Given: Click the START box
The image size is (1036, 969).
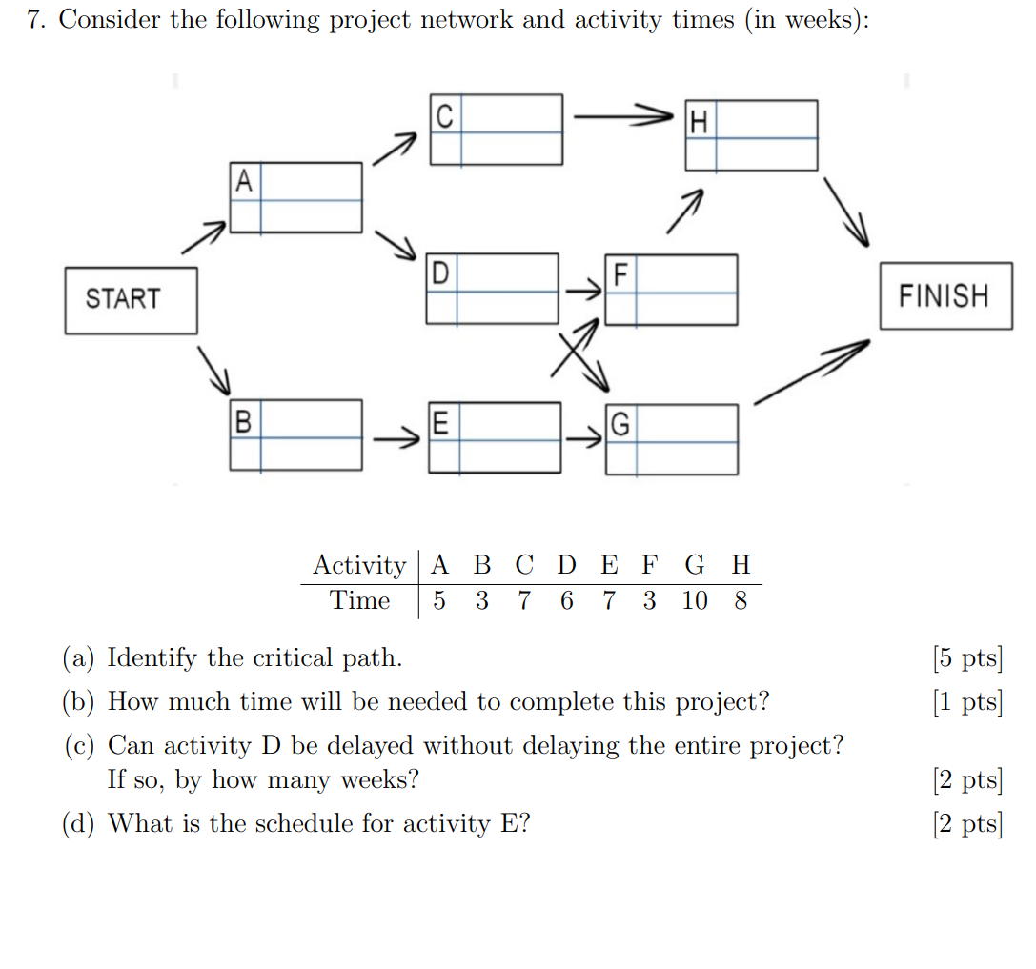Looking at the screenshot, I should click(x=131, y=300).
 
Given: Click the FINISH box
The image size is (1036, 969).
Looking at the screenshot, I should click(x=945, y=296).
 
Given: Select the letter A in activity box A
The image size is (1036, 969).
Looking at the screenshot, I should click(x=245, y=181).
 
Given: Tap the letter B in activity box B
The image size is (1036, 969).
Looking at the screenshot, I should click(x=244, y=420).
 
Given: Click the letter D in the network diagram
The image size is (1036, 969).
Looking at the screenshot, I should click(x=439, y=273).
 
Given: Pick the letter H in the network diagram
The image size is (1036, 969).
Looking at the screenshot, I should click(x=700, y=122).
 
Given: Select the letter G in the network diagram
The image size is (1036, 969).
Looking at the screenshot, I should click(x=620, y=424).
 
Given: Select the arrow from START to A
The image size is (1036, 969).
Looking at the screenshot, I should click(x=204, y=238).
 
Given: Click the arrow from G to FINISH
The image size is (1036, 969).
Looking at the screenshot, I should click(x=812, y=373).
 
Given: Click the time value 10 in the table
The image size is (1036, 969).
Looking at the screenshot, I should click(x=695, y=601).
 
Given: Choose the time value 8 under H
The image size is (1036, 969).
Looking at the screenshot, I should click(x=741, y=601).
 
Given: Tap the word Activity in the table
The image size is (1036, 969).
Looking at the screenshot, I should click(x=359, y=566).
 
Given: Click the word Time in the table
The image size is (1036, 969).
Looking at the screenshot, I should click(x=360, y=601).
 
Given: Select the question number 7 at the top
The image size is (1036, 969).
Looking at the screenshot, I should click(x=35, y=21).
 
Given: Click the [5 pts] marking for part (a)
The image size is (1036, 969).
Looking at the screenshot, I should click(x=967, y=658).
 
